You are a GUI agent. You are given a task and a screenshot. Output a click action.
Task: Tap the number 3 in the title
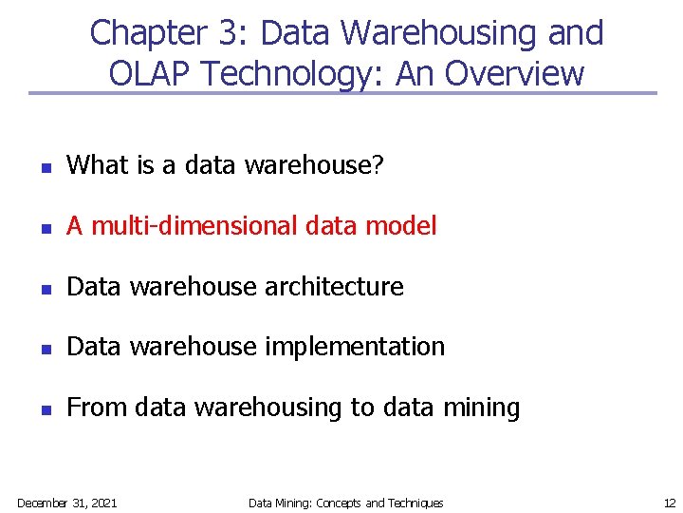pos(231,33)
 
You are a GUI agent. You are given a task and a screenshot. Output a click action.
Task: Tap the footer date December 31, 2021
pos(67,503)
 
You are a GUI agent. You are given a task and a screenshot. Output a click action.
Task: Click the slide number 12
pos(669,503)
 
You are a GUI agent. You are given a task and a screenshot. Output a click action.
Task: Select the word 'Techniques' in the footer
pos(415,503)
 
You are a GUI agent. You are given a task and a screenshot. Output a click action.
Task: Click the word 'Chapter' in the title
pos(153,33)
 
